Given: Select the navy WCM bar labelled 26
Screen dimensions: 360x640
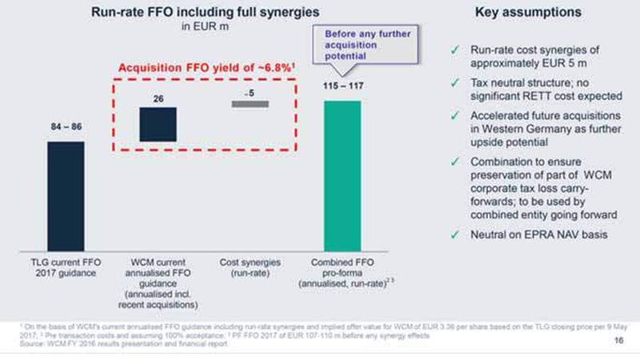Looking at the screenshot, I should coord(158,124).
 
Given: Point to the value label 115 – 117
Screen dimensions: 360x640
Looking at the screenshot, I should coord(342,86).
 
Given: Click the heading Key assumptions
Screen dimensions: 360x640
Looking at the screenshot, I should coord(539,14).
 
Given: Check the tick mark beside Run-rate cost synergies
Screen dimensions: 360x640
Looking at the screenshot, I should coord(454,50).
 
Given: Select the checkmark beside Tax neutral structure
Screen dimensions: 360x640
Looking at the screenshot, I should coord(454,82).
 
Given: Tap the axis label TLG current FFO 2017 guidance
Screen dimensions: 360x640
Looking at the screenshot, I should coord(66,266).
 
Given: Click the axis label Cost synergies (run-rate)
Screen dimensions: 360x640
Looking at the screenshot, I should coord(250,266).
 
